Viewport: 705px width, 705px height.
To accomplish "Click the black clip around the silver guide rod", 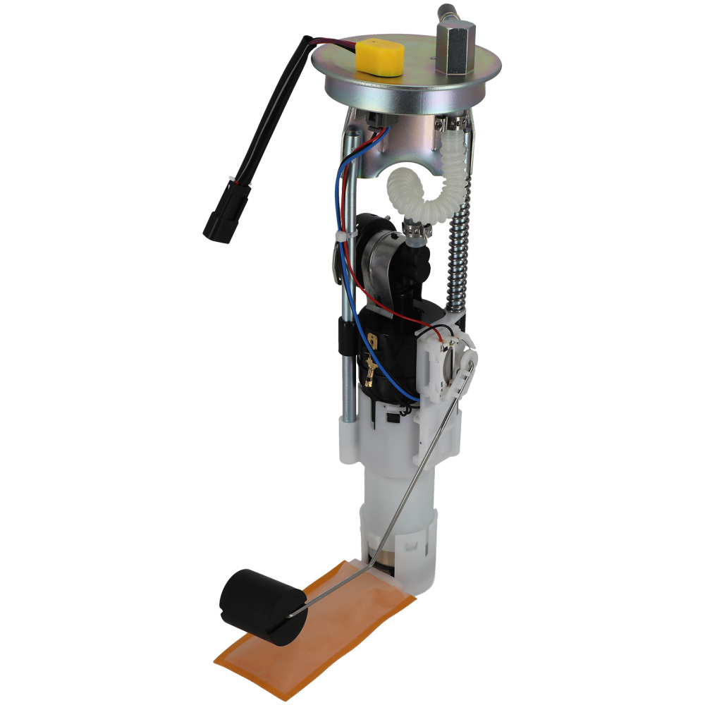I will point(346,331).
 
